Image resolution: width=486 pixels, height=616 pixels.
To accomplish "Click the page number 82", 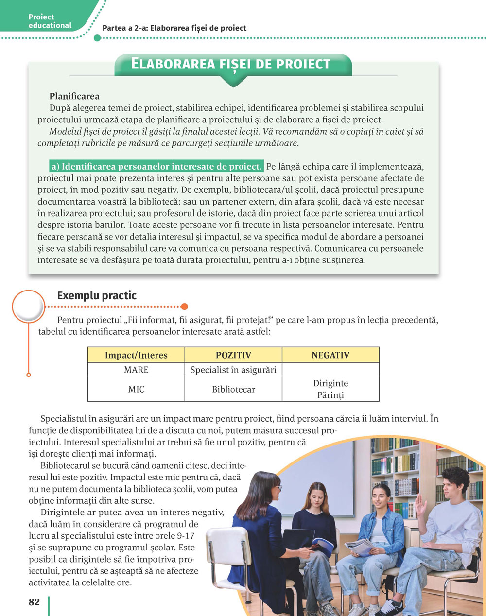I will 34,602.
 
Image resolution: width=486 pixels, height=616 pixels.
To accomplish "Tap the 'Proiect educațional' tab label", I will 50,21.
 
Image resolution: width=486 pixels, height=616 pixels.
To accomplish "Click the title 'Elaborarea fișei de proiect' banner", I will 231,64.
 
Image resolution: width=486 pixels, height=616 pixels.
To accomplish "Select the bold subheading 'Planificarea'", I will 74,96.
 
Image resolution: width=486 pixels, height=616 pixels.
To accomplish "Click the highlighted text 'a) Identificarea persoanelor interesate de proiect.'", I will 156,166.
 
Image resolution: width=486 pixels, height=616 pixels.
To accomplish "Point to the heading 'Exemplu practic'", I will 97,295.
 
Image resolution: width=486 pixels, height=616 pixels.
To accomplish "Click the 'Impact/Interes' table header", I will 136,355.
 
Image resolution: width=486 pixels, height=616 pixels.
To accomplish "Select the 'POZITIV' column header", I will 233,355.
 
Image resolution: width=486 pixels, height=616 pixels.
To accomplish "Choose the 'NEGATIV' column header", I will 330,355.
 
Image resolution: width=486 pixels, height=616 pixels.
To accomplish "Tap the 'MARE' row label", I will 136,370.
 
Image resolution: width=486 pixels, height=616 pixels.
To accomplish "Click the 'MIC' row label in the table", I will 136,389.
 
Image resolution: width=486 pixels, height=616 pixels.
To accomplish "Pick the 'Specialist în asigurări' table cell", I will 233,370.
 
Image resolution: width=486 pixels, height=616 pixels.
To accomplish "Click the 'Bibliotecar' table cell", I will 233,389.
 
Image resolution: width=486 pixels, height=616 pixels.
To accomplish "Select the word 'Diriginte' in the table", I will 330,383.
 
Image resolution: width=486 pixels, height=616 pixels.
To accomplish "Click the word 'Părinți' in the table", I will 330,395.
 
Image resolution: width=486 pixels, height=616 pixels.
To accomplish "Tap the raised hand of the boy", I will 420,505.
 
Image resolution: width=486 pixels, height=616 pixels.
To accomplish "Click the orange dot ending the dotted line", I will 184,307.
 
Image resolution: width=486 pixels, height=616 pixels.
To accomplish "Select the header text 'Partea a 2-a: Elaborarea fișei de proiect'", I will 174,28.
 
